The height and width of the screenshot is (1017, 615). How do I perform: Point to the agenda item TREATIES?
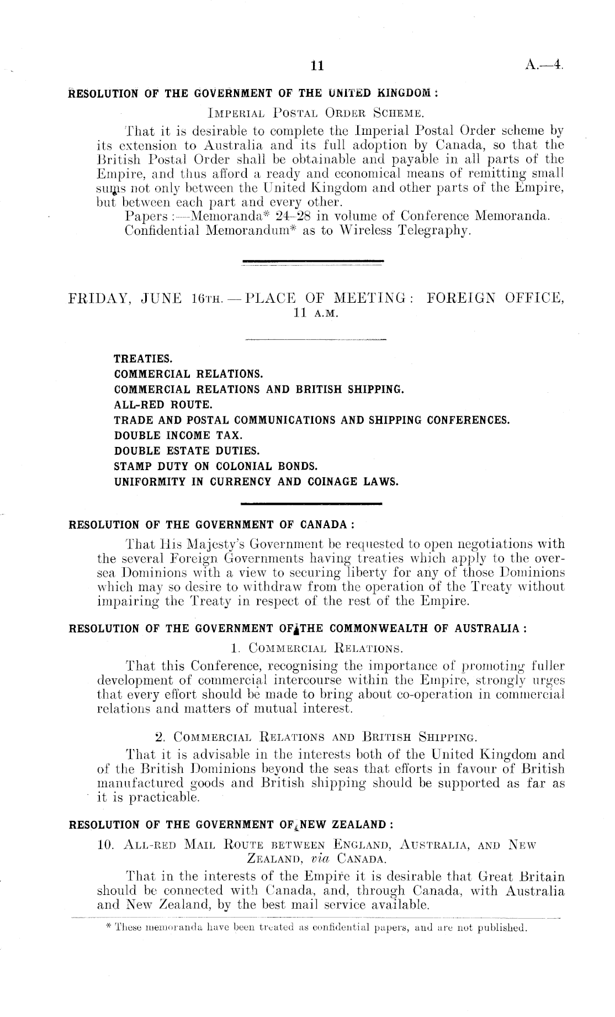136,360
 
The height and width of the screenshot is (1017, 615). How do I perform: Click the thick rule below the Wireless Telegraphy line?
313,260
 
